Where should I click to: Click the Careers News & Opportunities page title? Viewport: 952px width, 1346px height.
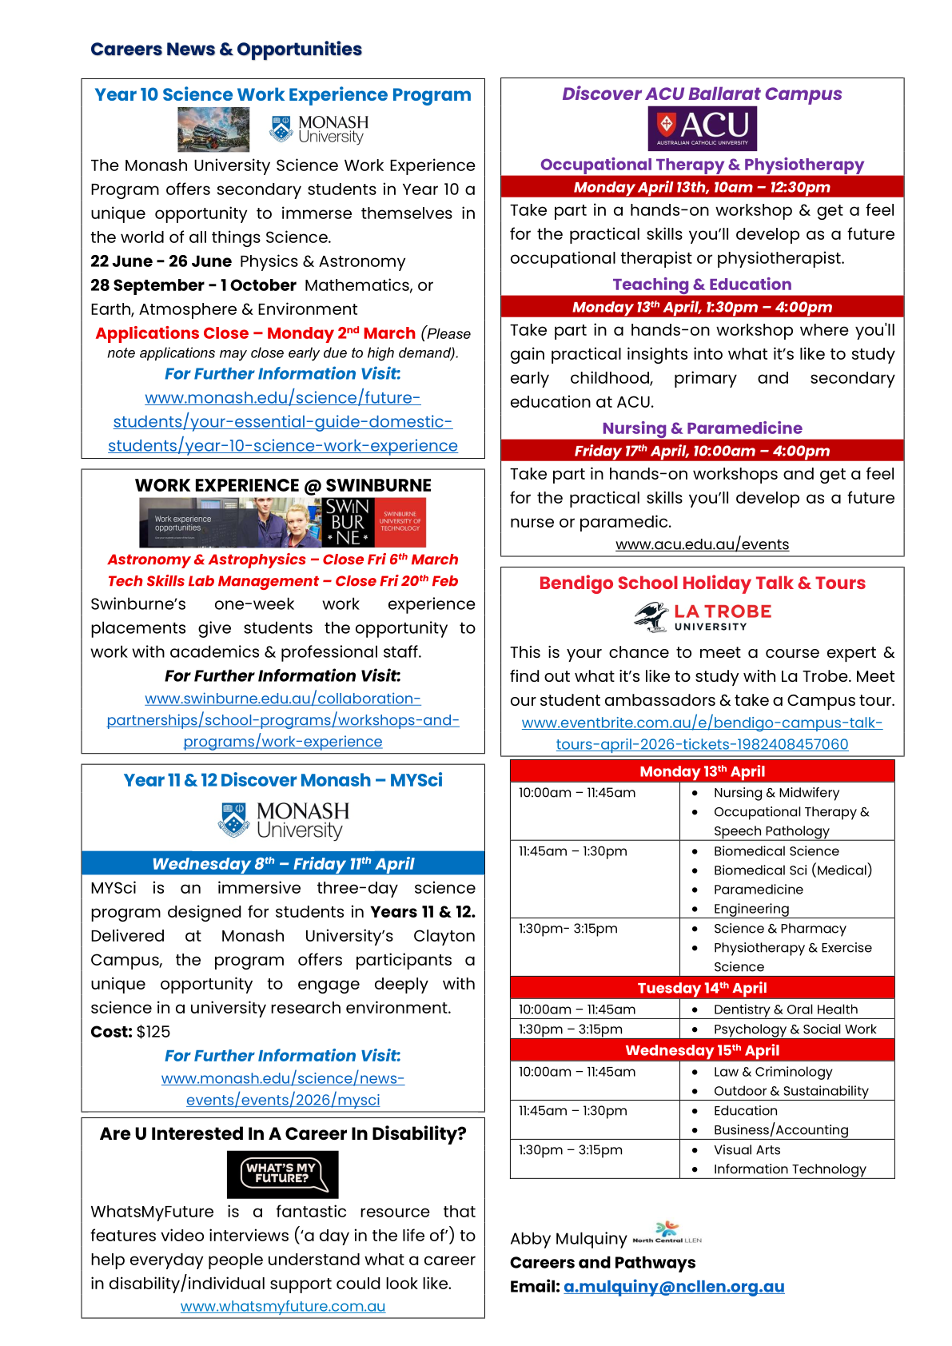(x=226, y=50)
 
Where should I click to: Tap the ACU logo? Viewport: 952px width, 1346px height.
(x=702, y=128)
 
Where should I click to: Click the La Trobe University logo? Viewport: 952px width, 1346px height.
(x=702, y=616)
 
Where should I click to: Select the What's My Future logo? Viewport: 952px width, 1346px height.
(x=282, y=1173)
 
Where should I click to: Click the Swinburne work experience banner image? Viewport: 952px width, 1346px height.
(x=282, y=523)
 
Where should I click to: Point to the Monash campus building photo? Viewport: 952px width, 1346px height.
(x=213, y=129)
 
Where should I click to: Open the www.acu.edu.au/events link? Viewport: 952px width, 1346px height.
(x=702, y=544)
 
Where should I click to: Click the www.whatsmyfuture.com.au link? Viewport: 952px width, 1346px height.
(x=282, y=1306)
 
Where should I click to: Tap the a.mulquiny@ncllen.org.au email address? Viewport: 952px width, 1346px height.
(x=674, y=1287)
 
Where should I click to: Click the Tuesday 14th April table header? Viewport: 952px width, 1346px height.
(x=702, y=988)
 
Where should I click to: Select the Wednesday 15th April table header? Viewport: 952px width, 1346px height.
(x=702, y=1050)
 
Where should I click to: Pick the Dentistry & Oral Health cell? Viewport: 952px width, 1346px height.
(x=785, y=1009)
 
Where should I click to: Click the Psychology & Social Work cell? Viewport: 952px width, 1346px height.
(x=795, y=1029)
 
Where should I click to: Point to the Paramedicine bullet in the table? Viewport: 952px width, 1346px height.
(x=758, y=890)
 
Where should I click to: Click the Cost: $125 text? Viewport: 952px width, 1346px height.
(x=130, y=1032)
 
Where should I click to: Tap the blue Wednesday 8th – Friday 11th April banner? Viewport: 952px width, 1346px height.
(x=282, y=864)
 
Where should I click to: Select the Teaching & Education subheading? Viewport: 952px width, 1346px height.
(x=702, y=285)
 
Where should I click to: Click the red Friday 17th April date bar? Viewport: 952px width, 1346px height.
(x=702, y=451)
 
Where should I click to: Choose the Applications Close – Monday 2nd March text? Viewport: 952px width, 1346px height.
(x=256, y=333)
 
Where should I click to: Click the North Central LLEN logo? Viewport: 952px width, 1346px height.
(x=667, y=1233)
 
